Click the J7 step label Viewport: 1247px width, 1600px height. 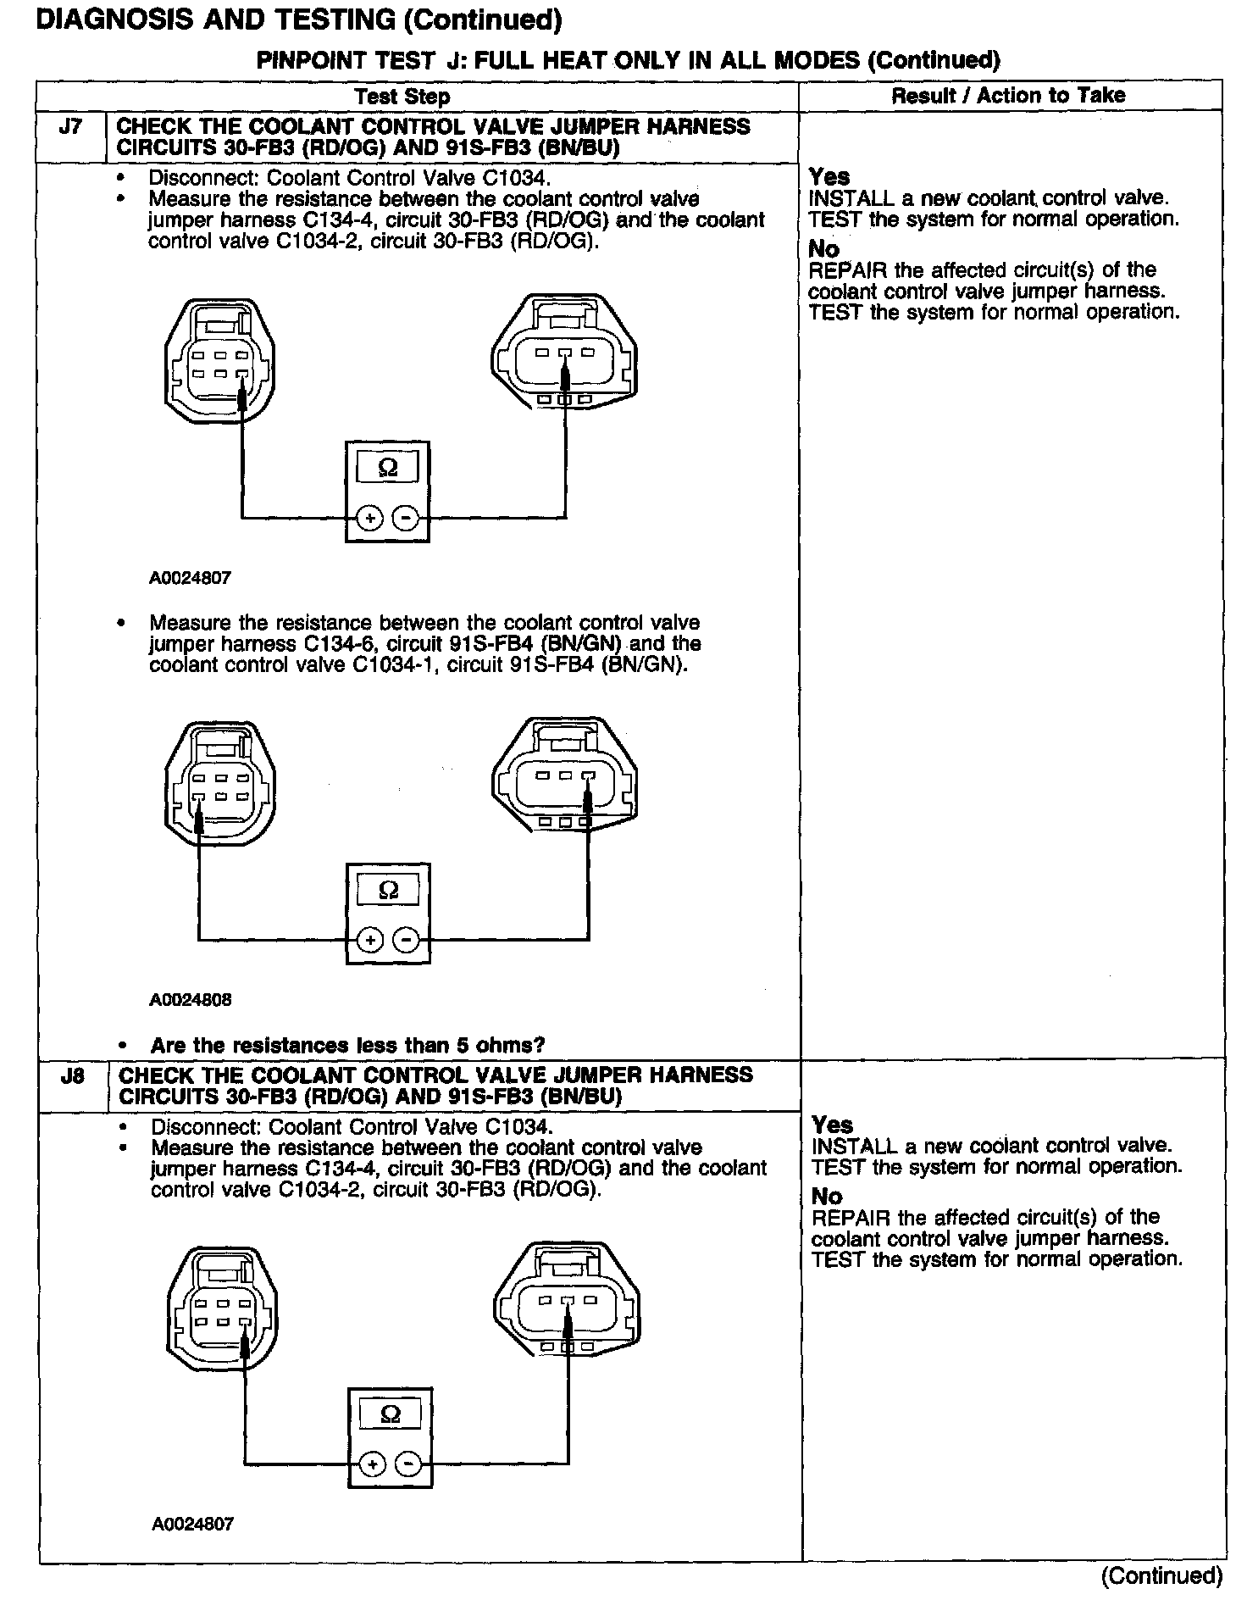coord(71,128)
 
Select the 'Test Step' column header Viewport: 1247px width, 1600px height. coord(402,97)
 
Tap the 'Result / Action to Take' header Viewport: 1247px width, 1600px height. coord(1008,96)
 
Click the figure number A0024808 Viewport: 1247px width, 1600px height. coord(191,1000)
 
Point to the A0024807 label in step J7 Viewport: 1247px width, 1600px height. coord(191,579)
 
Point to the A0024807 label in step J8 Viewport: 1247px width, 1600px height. coord(192,1524)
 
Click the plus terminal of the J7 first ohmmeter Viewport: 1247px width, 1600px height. coord(369,517)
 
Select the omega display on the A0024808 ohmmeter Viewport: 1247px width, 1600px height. coord(388,890)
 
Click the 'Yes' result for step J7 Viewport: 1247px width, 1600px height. coord(829,177)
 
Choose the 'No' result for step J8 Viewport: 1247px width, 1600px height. coord(827,1197)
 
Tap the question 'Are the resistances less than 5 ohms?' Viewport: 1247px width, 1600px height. coord(347,1045)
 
